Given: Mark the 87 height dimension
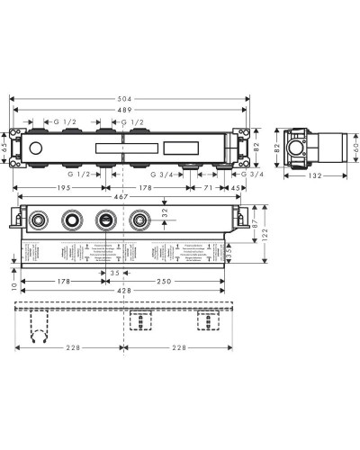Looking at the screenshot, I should (x=256, y=221).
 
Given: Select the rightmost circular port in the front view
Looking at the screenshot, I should (x=139, y=220).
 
